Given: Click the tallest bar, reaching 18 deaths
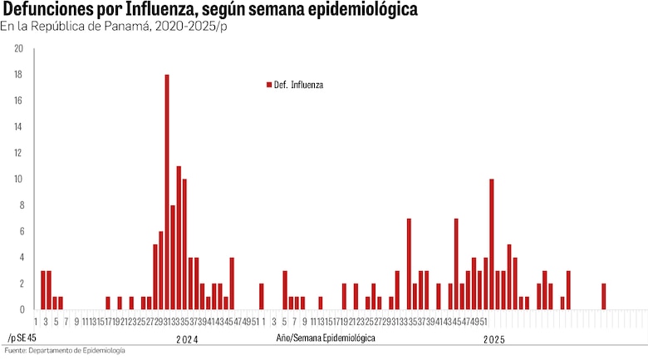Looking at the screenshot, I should click(x=167, y=191).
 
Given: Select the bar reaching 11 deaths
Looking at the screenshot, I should click(x=179, y=237).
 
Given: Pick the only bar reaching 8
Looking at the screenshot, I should click(x=173, y=257).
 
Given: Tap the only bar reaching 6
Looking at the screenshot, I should click(x=161, y=270).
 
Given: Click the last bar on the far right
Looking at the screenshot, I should click(x=604, y=297).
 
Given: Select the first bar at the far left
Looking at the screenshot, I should click(x=43, y=289).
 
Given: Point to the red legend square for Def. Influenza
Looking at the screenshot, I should click(x=268, y=85).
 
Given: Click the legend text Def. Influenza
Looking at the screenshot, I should click(x=299, y=85).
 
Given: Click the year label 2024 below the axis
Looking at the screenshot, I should click(x=187, y=339).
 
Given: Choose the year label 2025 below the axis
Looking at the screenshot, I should click(x=494, y=339).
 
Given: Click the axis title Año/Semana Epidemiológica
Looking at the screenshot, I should click(x=326, y=338).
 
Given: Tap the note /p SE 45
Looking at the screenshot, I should click(x=22, y=338).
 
